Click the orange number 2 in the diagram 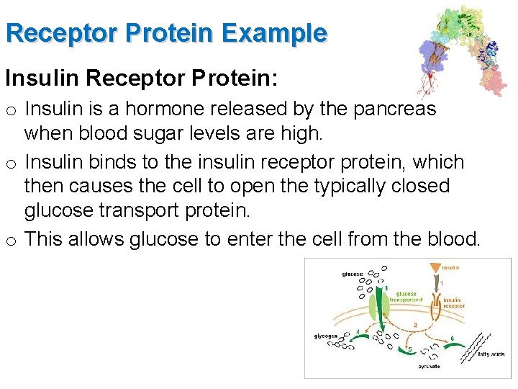tap(415, 325)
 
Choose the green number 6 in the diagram tap(451, 338)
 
